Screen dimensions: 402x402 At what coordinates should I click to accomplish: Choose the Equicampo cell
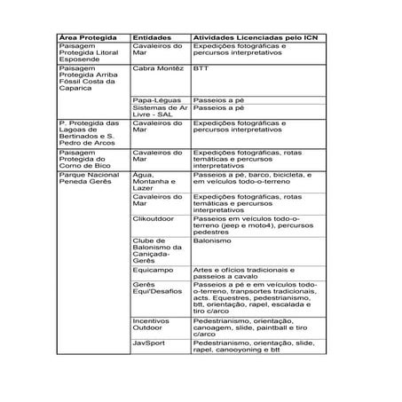click(x=154, y=269)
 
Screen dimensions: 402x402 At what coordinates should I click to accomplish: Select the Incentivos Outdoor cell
click(x=152, y=324)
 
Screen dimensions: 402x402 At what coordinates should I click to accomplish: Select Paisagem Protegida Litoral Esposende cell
click(x=89, y=53)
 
